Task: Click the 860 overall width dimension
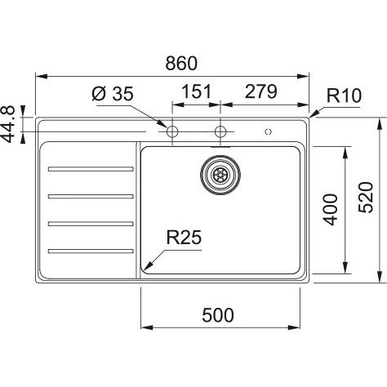[181, 63]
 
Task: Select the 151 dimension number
[196, 91]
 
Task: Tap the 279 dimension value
[260, 91]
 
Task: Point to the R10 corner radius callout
[344, 96]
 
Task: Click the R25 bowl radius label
[184, 237]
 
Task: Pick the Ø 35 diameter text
[113, 94]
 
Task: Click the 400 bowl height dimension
[331, 210]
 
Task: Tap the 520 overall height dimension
[366, 198]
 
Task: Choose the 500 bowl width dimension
[218, 315]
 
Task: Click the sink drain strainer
[220, 175]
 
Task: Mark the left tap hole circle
[172, 131]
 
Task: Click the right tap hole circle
[220, 131]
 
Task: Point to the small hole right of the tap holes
[269, 132]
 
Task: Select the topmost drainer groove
[91, 169]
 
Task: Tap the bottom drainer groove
[91, 251]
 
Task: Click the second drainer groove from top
[91, 196]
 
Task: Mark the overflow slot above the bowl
[220, 147]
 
